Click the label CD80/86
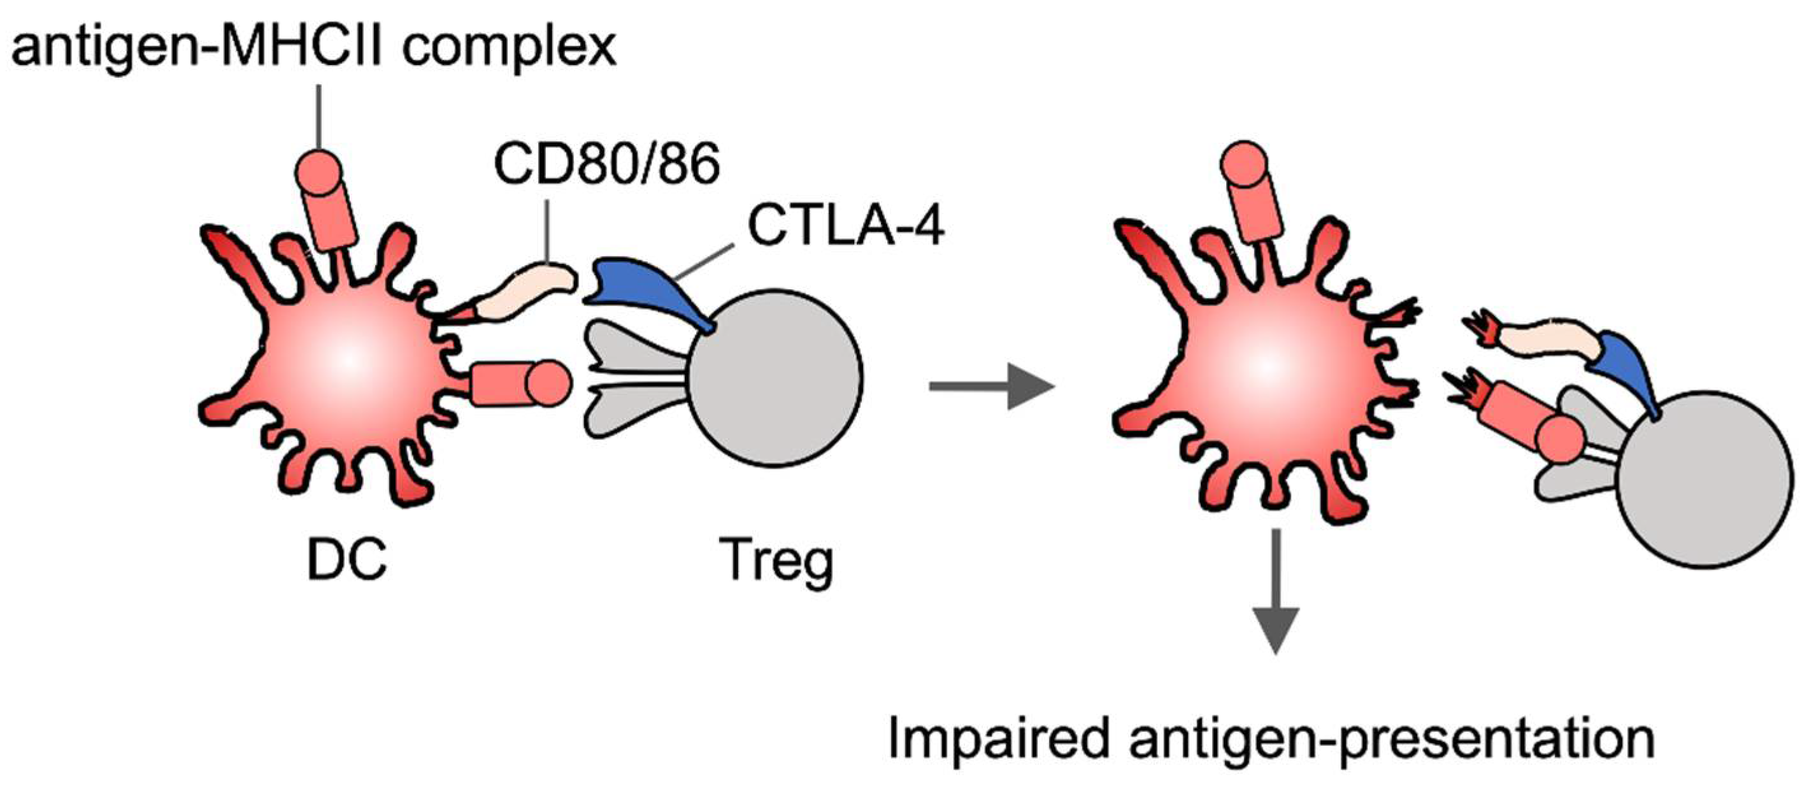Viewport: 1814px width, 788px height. pyautogui.click(x=607, y=164)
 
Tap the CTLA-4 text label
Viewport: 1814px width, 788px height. pyautogui.click(x=846, y=226)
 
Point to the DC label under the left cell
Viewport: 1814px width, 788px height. pyautogui.click(x=347, y=560)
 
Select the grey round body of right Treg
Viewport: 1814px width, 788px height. pyautogui.click(x=1704, y=479)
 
